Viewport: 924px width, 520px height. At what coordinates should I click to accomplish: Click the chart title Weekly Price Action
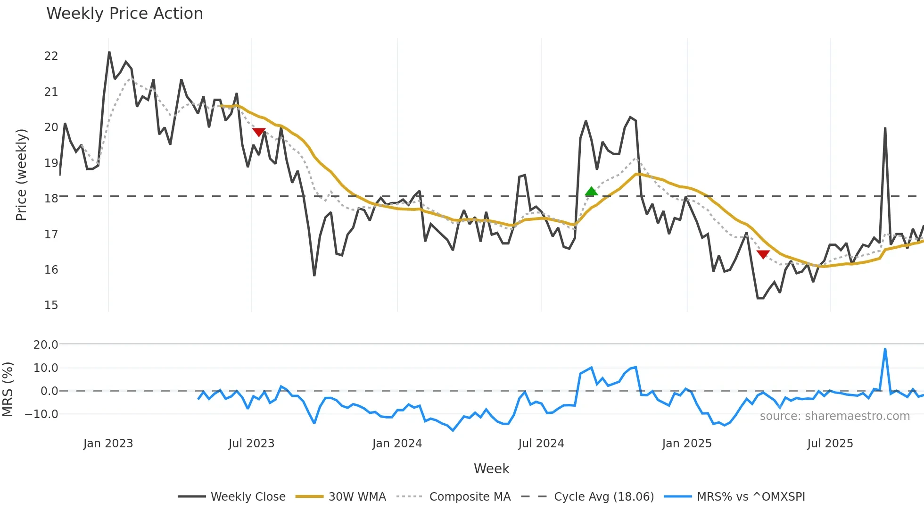point(124,14)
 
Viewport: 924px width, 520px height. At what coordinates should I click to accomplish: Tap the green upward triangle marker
point(591,191)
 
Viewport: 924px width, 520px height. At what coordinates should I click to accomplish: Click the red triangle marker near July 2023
point(259,132)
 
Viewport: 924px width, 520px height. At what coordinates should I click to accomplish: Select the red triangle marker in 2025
point(763,254)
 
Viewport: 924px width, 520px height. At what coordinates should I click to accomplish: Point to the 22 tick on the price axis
point(51,56)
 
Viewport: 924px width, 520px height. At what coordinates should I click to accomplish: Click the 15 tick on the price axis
point(51,305)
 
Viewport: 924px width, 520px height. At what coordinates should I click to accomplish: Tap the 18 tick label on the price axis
point(51,199)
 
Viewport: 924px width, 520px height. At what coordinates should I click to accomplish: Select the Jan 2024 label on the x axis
point(397,444)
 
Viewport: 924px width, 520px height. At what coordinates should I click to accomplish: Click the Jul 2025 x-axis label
point(830,444)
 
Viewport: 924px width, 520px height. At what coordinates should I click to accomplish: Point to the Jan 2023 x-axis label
point(108,444)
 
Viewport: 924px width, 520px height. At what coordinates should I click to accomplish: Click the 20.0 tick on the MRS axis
point(46,345)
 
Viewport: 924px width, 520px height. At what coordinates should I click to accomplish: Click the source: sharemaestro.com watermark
point(834,416)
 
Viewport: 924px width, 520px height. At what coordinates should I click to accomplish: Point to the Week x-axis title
point(491,469)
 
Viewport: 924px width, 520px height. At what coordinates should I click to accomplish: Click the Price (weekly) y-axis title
point(21,175)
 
